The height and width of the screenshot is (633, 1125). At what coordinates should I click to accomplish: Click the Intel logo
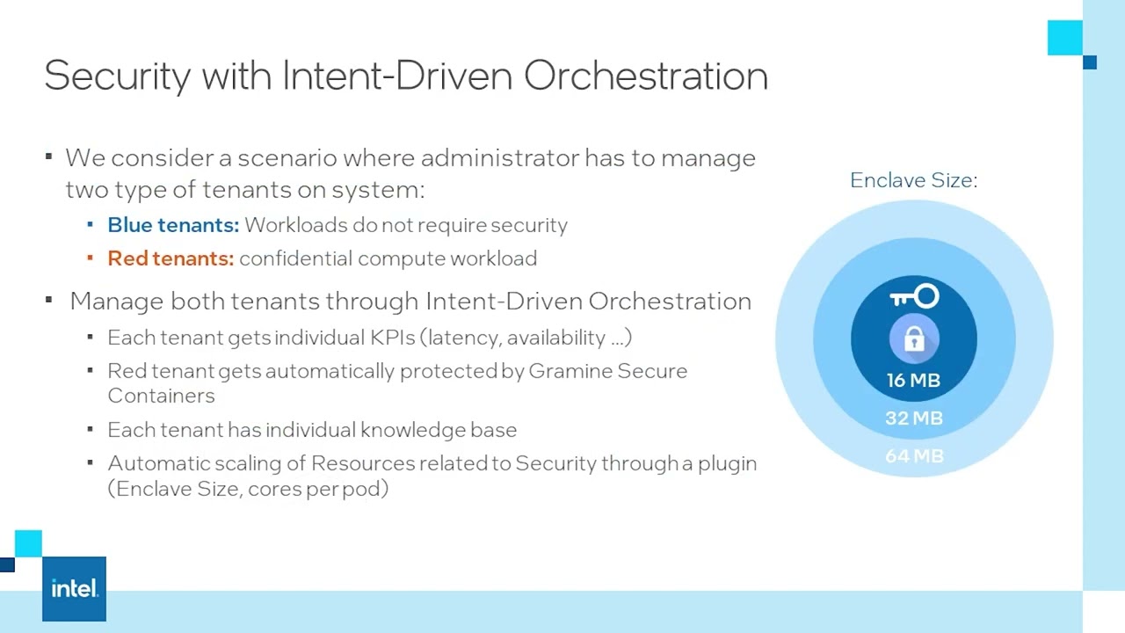(74, 589)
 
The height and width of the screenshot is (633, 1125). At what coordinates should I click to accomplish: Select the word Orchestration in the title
(646, 76)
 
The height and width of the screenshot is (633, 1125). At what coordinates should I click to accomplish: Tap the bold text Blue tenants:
(173, 225)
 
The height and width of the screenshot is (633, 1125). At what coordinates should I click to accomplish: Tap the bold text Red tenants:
(171, 258)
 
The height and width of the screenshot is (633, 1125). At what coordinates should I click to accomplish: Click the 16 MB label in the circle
(913, 381)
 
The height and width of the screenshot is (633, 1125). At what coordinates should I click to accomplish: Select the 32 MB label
(913, 418)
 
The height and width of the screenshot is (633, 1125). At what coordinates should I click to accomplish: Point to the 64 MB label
(914, 456)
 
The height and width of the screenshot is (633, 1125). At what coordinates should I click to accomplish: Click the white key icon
(914, 297)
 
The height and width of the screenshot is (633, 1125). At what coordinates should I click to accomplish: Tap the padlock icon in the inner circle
(914, 338)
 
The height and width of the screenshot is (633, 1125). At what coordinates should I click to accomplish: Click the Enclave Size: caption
(913, 180)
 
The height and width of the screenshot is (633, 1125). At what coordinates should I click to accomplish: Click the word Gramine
(570, 371)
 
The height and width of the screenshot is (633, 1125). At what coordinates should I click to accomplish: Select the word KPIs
(391, 338)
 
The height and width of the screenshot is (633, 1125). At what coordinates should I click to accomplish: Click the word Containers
(161, 396)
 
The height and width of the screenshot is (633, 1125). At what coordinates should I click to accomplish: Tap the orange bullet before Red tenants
(91, 258)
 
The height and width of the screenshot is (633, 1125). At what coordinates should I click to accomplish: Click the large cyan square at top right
(1064, 38)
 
